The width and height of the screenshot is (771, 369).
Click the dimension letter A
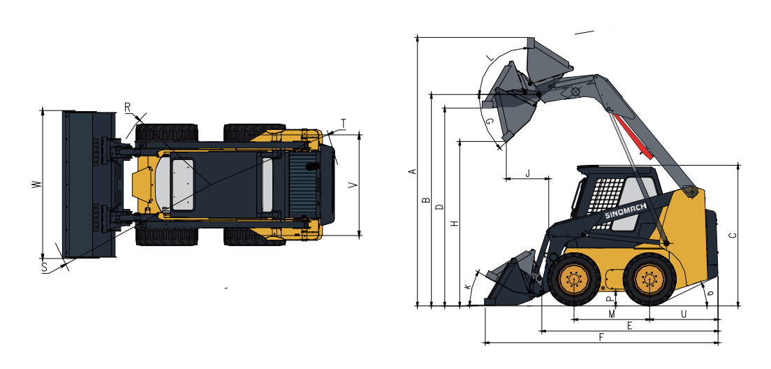point(412,171)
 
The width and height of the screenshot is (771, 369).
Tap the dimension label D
point(439,208)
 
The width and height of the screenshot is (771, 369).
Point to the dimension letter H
point(455,224)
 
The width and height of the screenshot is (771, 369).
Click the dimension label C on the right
point(732,236)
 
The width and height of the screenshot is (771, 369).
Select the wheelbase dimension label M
point(612,314)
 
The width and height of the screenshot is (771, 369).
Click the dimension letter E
point(629,326)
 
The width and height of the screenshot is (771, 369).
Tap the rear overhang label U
point(684,314)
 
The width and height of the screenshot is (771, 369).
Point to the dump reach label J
point(527,173)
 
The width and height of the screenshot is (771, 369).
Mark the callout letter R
point(128,107)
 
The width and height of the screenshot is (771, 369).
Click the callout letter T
point(343,124)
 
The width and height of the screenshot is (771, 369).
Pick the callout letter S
point(44,267)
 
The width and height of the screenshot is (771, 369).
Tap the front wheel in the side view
point(574,280)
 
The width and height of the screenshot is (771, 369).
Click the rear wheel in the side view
point(649,280)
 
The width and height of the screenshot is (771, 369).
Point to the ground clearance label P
point(609,298)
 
